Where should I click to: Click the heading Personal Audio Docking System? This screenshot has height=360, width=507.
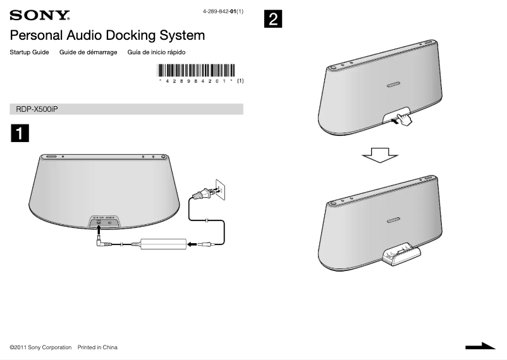pyautogui.click(x=107, y=35)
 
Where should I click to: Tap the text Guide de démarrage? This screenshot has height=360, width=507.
pyautogui.click(x=88, y=52)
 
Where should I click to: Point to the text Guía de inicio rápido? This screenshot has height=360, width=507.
pyautogui.click(x=156, y=52)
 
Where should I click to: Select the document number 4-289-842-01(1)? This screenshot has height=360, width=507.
pyautogui.click(x=222, y=12)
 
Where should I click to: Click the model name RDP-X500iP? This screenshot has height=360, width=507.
pyautogui.click(x=37, y=109)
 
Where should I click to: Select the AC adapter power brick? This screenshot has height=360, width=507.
pyautogui.click(x=163, y=243)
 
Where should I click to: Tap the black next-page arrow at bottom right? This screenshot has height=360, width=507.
pyautogui.click(x=480, y=346)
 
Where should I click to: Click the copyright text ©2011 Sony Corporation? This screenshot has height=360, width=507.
pyautogui.click(x=40, y=347)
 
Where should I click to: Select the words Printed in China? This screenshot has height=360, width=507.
pyautogui.click(x=97, y=347)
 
